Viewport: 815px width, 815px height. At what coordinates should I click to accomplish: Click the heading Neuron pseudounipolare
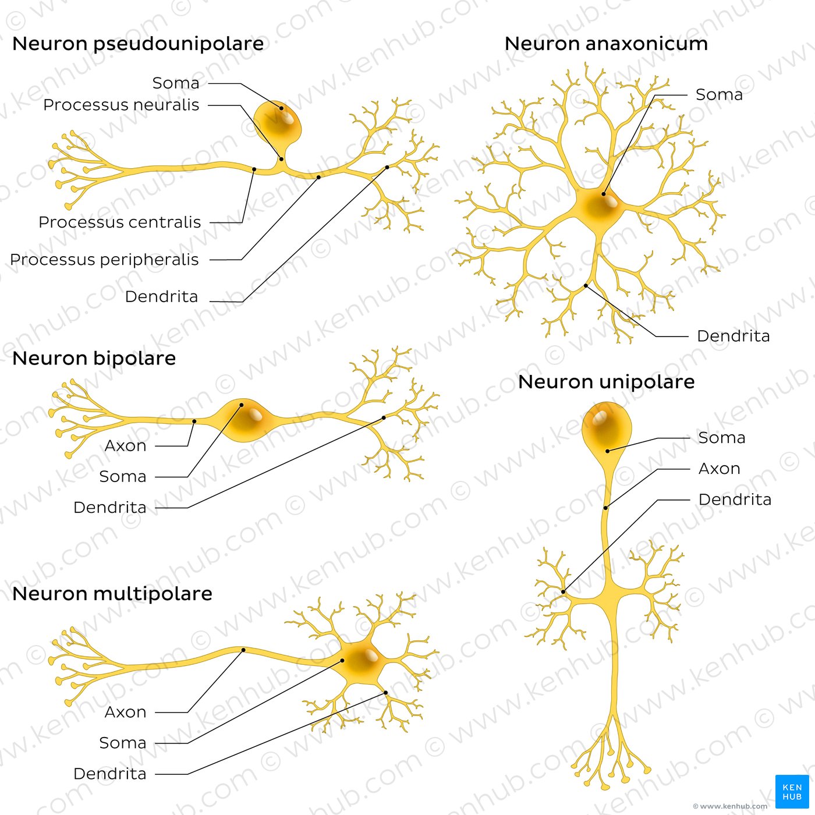point(138,44)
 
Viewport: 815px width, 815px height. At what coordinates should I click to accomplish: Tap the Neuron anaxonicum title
point(606,44)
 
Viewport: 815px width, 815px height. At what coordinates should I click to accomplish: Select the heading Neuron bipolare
point(94,359)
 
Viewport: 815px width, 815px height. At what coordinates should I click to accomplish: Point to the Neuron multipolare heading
point(112,594)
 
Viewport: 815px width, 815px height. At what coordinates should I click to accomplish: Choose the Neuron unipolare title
point(606,382)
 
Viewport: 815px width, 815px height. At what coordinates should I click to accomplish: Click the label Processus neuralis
point(121,105)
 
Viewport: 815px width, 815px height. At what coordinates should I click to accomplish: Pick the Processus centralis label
point(119,222)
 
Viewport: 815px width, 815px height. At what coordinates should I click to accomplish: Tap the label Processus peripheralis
point(104,260)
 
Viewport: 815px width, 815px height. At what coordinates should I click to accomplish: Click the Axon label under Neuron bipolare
point(125,446)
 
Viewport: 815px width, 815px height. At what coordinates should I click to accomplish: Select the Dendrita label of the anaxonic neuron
point(733,336)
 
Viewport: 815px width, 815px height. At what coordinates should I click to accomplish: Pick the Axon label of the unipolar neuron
point(719,469)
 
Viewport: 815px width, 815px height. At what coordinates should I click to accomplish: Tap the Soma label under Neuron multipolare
point(122,743)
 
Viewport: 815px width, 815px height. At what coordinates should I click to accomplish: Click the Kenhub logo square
point(792,791)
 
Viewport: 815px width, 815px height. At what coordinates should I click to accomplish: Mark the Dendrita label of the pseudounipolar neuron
point(161,297)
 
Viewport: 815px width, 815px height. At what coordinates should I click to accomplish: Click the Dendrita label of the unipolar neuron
point(735,499)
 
